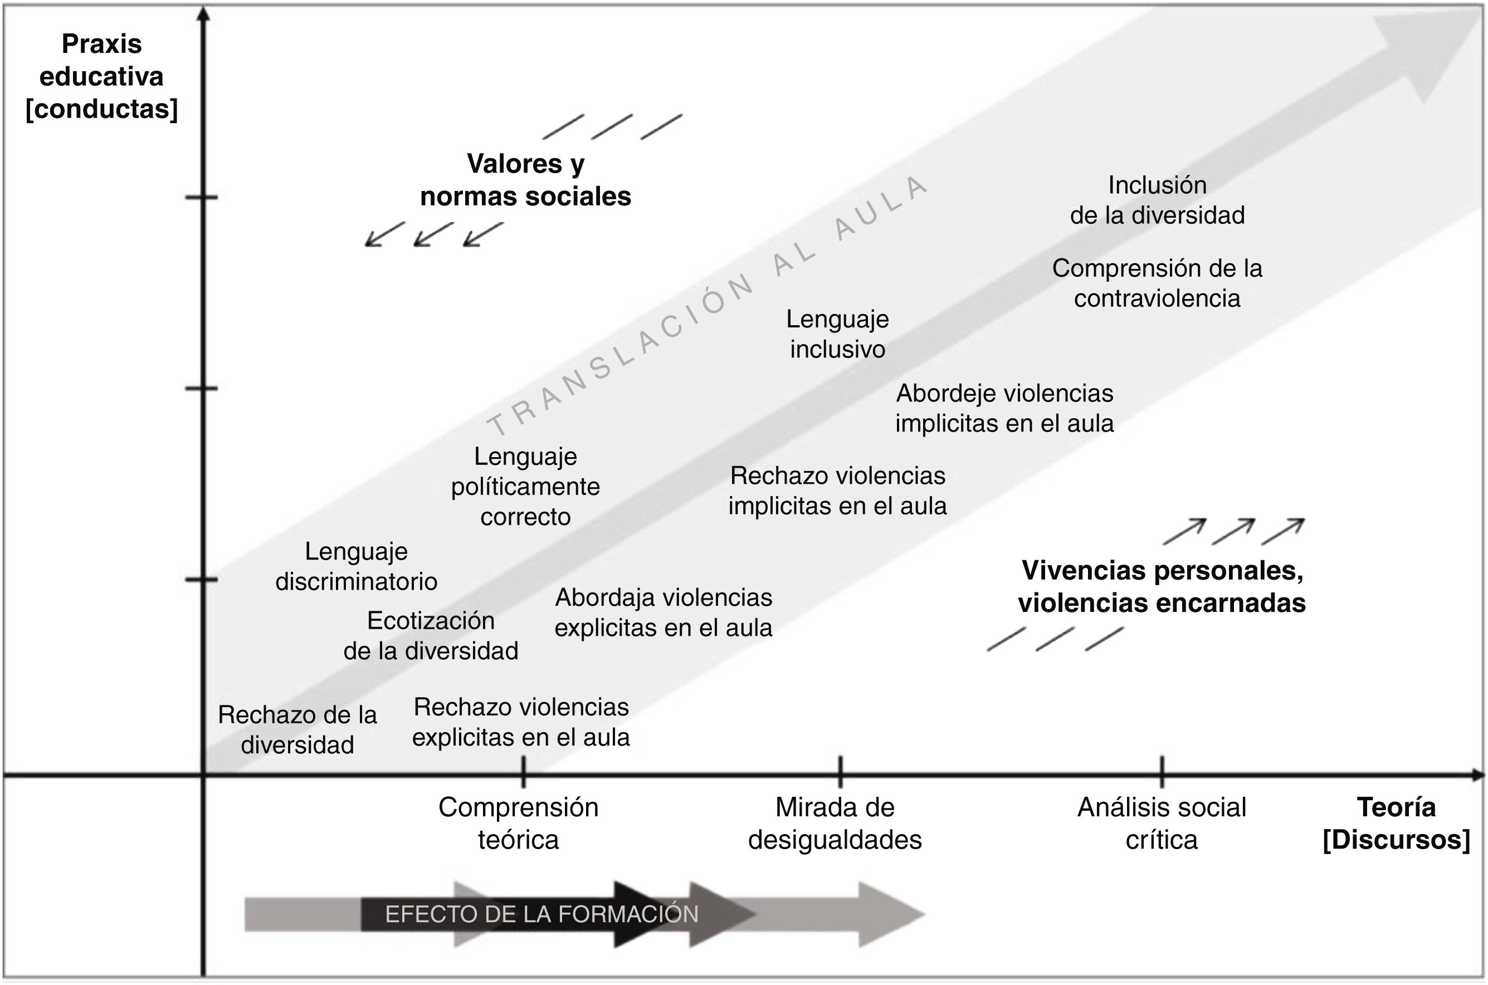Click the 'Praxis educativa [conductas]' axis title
(101, 77)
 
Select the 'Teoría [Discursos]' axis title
(1396, 824)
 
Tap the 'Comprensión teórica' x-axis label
(519, 824)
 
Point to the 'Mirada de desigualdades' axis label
(835, 824)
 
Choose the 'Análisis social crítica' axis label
(1161, 824)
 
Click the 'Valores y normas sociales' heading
(525, 180)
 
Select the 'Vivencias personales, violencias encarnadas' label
(1162, 587)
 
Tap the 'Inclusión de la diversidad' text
(1157, 200)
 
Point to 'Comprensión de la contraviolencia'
(1157, 283)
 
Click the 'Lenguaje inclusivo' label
(838, 334)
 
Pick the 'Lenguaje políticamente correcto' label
(525, 487)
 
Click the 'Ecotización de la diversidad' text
(431, 636)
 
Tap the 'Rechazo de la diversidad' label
(297, 730)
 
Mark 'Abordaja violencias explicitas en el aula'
(663, 612)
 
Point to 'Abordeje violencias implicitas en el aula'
(1004, 408)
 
